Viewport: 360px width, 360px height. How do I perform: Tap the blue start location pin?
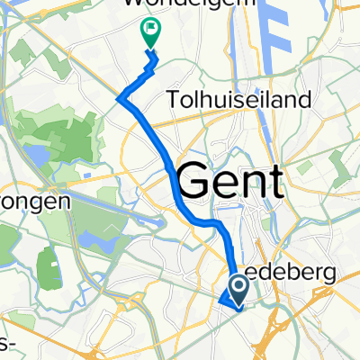[x=240, y=288]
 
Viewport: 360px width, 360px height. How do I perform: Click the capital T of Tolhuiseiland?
[x=174, y=98]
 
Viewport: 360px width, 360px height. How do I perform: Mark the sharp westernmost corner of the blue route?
[x=119, y=100]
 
